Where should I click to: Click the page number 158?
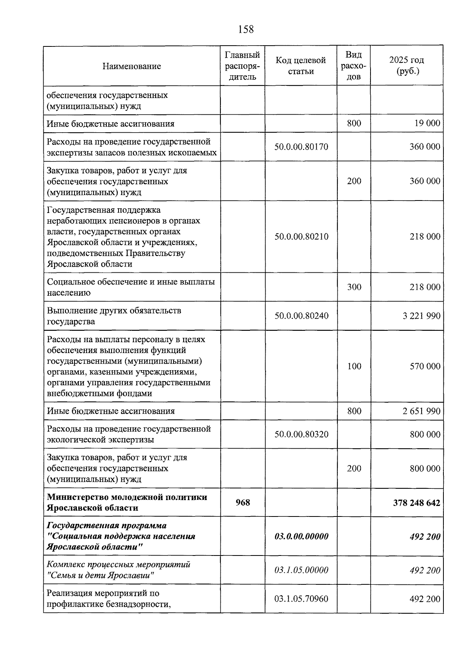pyautogui.click(x=245, y=29)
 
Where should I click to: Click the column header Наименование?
pyautogui.click(x=131, y=66)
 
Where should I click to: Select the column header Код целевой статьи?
pyautogui.click(x=301, y=66)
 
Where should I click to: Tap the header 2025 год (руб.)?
pyautogui.click(x=406, y=66)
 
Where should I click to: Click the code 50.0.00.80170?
pyautogui.click(x=301, y=147)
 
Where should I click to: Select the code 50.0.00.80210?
pyautogui.click(x=301, y=236)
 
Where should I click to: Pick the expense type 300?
pyautogui.click(x=354, y=287)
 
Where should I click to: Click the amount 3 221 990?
pyautogui.click(x=421, y=316)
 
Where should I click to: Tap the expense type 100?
pyautogui.click(x=354, y=366)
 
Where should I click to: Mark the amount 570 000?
pyautogui.click(x=425, y=366)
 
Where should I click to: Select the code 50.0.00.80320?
pyautogui.click(x=301, y=434)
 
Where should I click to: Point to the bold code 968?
pyautogui.click(x=243, y=502)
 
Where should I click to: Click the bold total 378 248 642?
pyautogui.click(x=417, y=502)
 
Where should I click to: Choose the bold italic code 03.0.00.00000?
pyautogui.click(x=301, y=536)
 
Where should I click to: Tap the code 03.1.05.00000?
pyautogui.click(x=301, y=570)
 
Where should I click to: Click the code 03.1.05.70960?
pyautogui.click(x=301, y=598)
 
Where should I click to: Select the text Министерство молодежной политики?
pyautogui.click(x=127, y=497)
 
